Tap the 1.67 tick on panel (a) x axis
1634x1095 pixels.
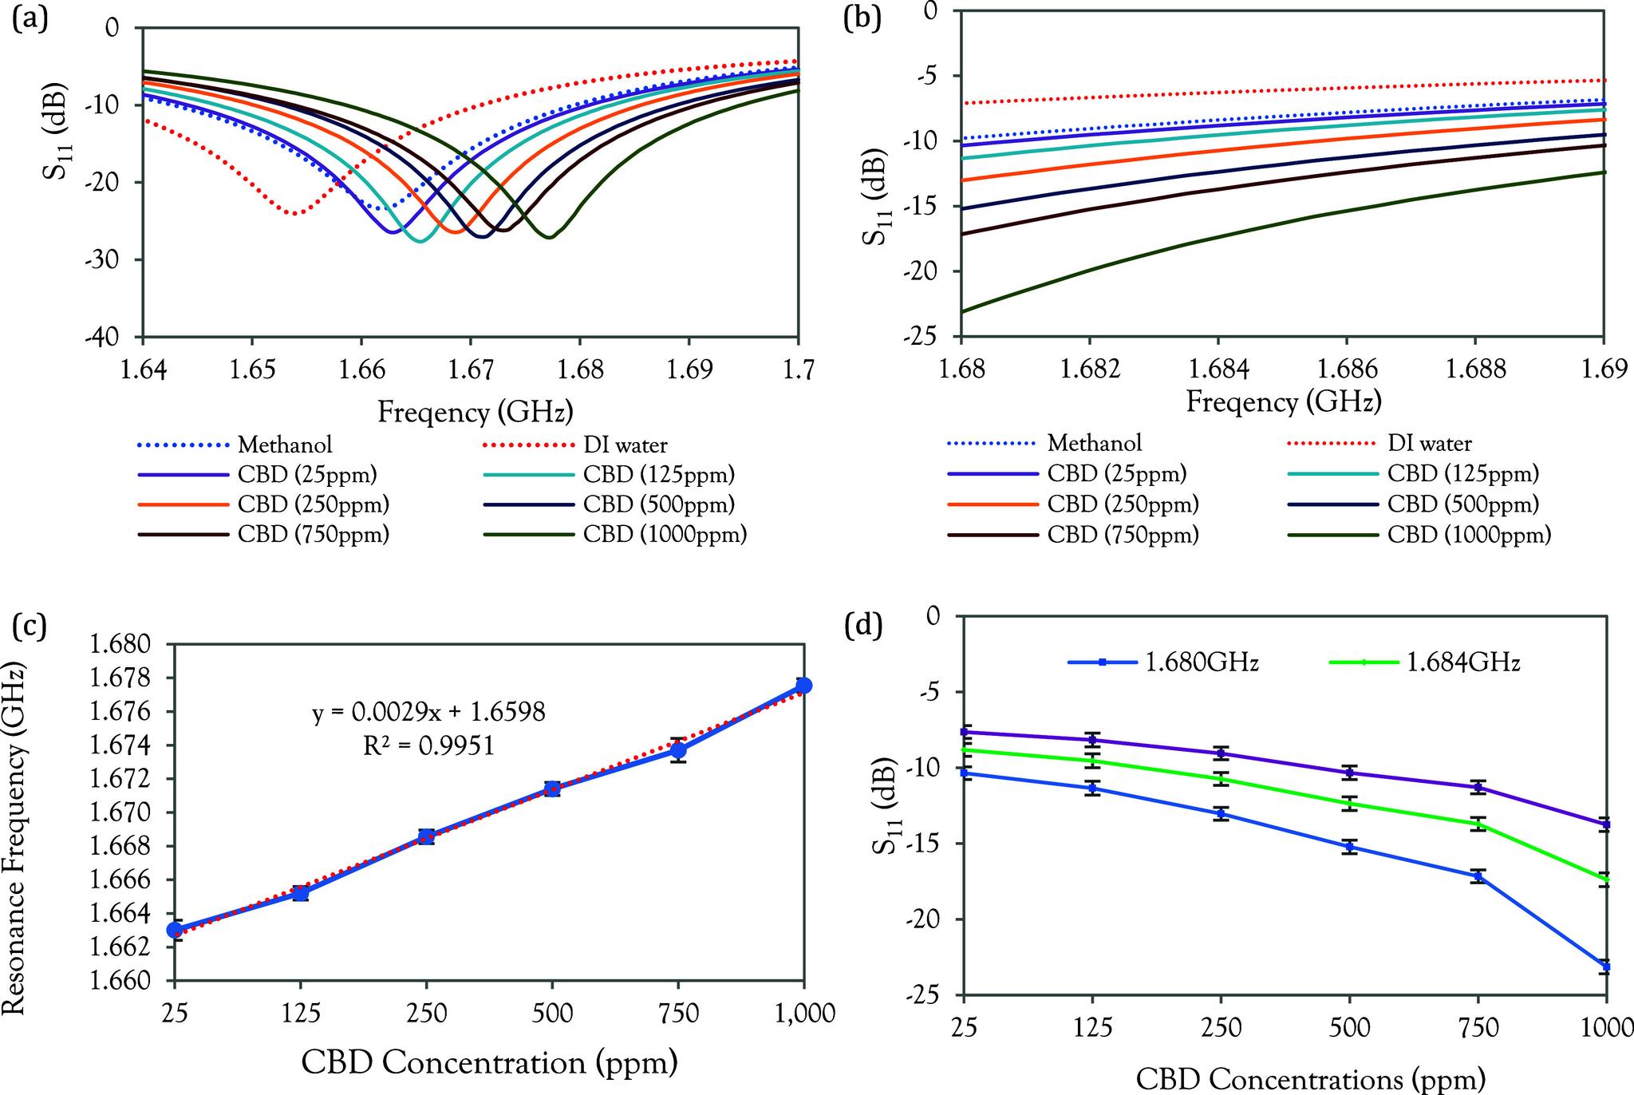coord(470,370)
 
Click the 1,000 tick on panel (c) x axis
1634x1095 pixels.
coord(803,1014)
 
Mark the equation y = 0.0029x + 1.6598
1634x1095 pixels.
coord(428,713)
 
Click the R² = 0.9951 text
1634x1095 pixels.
coord(428,745)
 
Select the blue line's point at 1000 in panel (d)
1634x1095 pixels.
coord(1605,967)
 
